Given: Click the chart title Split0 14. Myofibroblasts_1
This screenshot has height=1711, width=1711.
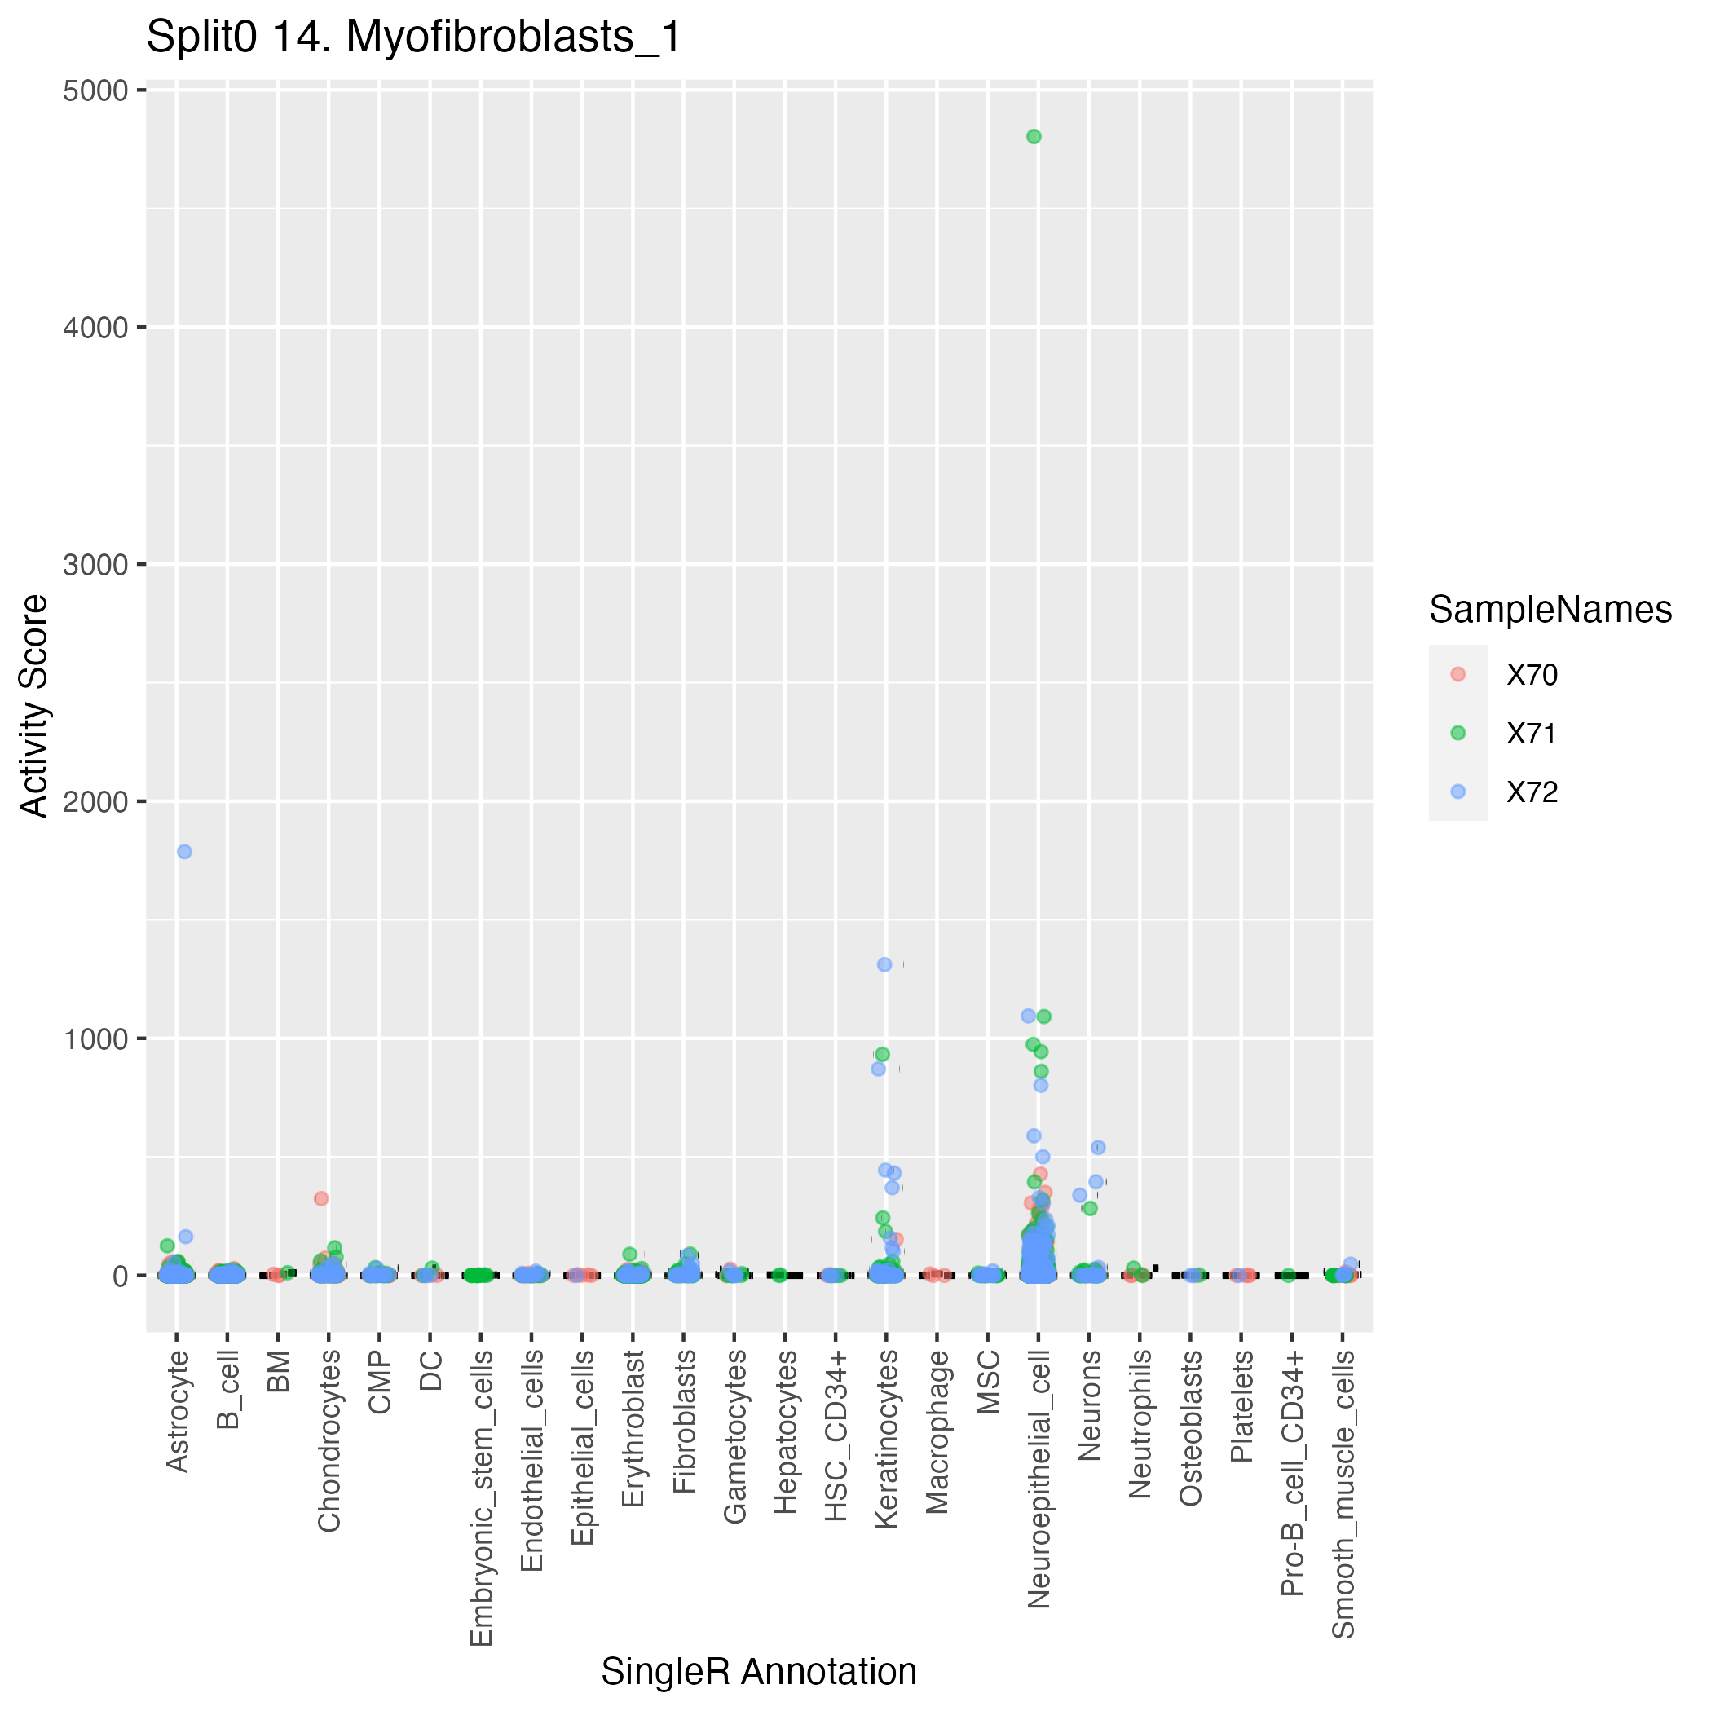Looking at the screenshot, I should coord(413,37).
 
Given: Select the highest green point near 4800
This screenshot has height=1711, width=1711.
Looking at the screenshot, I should coord(1034,136).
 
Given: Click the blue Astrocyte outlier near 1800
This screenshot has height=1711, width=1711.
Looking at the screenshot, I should coord(184,852).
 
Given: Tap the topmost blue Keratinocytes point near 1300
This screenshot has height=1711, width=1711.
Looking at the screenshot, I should coord(884,964).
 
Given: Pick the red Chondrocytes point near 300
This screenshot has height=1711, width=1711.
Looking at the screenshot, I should coord(321,1198).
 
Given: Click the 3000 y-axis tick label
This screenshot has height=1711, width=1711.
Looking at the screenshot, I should coord(95,565).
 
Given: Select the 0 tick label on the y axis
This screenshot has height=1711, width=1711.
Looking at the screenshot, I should coord(121,1277).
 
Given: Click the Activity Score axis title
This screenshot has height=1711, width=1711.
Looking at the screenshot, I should coord(33,707).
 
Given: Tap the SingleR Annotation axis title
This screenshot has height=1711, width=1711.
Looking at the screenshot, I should coord(759,1672).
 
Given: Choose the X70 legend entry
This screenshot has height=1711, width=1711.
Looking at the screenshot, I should coord(1532,675).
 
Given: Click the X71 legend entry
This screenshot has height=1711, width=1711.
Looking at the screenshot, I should coord(1532,734).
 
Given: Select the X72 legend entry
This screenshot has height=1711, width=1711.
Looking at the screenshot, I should coord(1532,792).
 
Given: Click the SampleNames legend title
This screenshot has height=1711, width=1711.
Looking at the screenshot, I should coord(1550,611).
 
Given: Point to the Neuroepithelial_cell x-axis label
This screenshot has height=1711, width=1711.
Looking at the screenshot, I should coord(1039,1479).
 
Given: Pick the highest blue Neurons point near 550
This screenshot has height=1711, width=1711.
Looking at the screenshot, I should coord(1098,1148).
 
